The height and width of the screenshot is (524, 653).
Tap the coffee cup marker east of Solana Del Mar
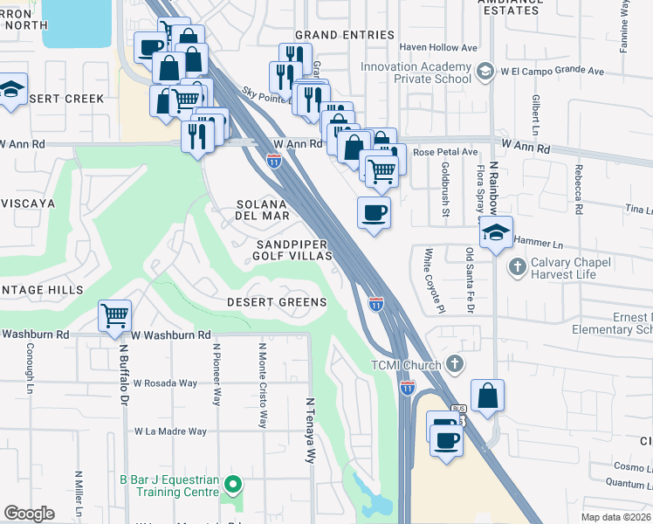[374, 212]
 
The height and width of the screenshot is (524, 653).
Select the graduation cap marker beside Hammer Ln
[495, 233]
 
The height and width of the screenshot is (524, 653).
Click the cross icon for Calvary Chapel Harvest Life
[516, 265]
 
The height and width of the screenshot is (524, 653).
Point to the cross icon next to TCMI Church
[453, 362]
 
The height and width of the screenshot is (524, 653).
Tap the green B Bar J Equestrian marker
[231, 483]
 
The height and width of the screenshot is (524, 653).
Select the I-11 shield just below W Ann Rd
[274, 160]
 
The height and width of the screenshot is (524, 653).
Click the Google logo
[29, 514]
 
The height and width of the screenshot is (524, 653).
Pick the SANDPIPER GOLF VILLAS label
[293, 250]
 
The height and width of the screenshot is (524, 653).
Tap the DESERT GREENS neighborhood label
[277, 302]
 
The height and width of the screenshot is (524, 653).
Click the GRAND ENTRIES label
[345, 35]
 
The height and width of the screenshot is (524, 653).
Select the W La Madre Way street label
[170, 431]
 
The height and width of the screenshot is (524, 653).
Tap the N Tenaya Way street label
[309, 429]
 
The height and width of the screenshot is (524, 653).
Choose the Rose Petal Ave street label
[445, 152]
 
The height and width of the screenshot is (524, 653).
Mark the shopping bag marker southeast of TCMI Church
[488, 395]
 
